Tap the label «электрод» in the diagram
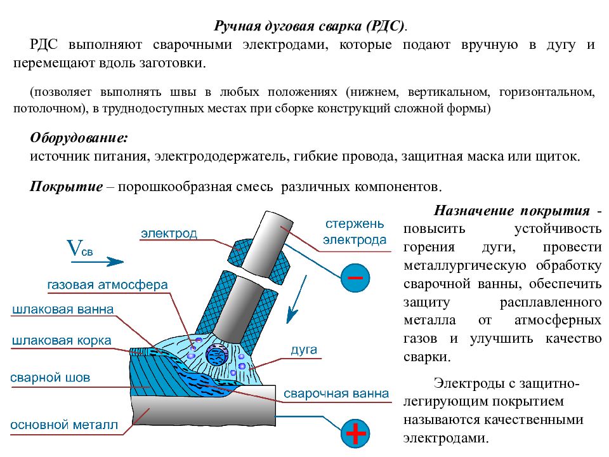[169, 233]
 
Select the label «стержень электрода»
[355, 232]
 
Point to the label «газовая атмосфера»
[107, 285]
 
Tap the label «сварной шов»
[50, 378]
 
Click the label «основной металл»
[64, 425]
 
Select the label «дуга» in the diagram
[303, 350]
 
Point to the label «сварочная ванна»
[336, 394]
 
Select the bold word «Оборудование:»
[79, 138]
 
